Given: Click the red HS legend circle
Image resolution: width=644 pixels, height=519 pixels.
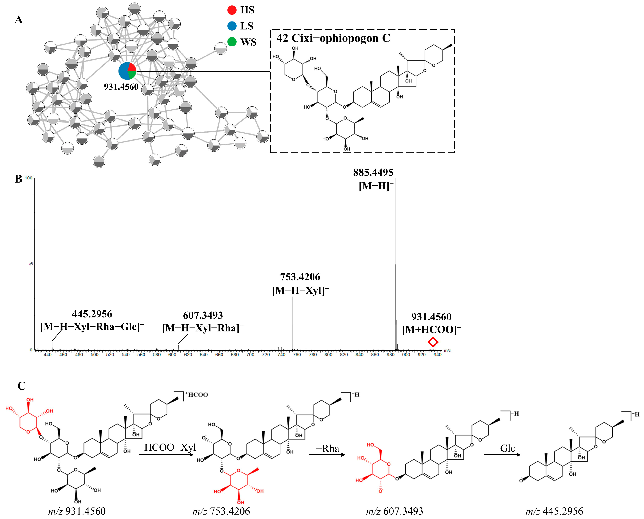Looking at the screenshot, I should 232,10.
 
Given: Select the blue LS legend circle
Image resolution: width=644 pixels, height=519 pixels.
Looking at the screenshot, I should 232,26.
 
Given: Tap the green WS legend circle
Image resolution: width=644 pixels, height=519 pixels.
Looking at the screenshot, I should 232,42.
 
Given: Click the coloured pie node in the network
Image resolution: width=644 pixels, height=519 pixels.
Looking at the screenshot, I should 127,71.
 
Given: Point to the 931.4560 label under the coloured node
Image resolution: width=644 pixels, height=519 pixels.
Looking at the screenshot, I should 121,87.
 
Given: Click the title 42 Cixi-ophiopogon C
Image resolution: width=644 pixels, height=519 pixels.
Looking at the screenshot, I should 333,38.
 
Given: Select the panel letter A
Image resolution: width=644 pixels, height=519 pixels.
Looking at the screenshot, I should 18,20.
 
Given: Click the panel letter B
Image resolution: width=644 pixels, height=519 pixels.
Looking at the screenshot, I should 18,179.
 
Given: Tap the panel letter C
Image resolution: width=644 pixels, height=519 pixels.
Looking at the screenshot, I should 21,386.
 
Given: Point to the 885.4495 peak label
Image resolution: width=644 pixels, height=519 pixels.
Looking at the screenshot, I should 373,172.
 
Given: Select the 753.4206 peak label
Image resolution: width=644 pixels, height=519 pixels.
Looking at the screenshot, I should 300,277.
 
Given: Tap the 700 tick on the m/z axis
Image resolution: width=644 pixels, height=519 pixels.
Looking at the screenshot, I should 250,355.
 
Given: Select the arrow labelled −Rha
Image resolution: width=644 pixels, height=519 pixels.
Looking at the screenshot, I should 327,455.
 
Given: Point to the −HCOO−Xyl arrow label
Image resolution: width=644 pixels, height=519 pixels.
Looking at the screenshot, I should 167,447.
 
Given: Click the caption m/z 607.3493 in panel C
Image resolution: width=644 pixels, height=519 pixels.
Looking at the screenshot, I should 394,511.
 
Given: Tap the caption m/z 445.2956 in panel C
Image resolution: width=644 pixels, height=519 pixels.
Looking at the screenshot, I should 554,511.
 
